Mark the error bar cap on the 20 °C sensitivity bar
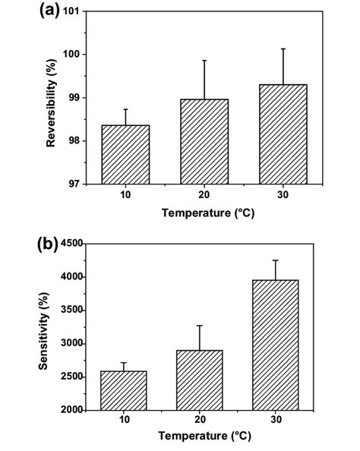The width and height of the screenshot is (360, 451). (199, 326)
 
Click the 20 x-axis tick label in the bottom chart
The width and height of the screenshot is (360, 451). (199, 422)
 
